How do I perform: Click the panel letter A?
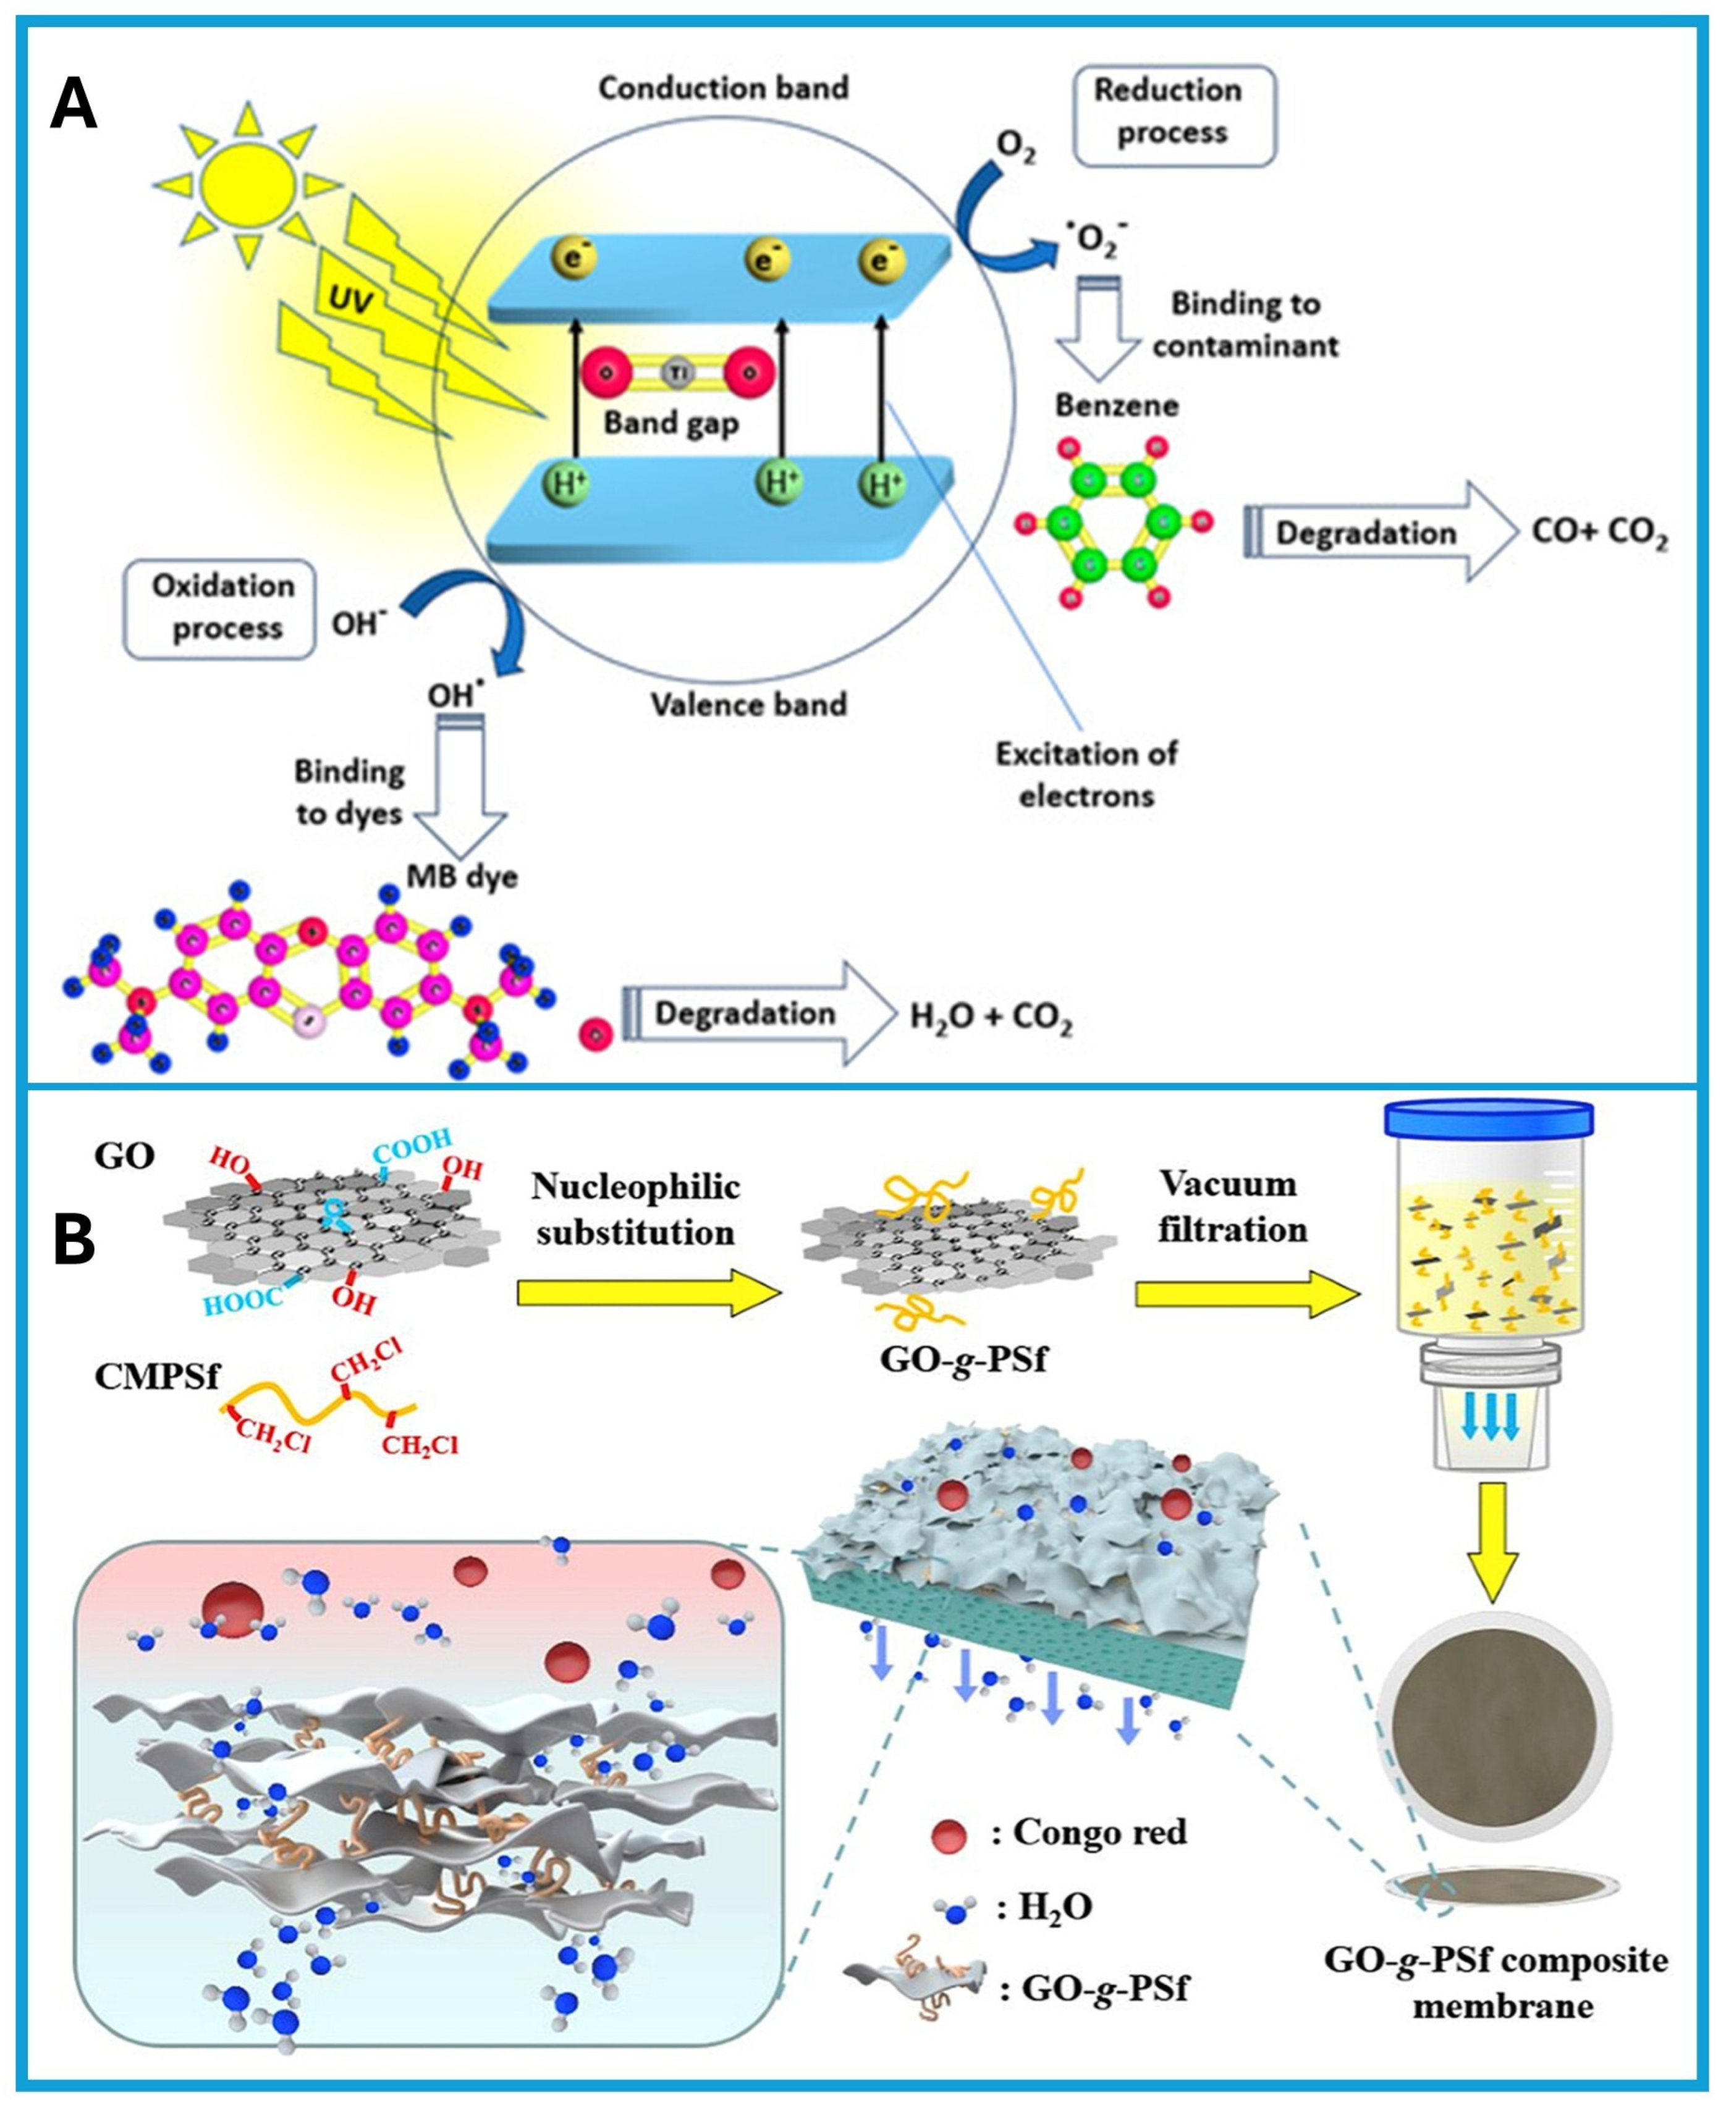(x=75, y=106)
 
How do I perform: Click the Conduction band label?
(x=723, y=88)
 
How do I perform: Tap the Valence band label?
(x=748, y=705)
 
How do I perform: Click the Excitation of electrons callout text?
(x=1086, y=775)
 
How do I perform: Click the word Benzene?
(x=1117, y=406)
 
